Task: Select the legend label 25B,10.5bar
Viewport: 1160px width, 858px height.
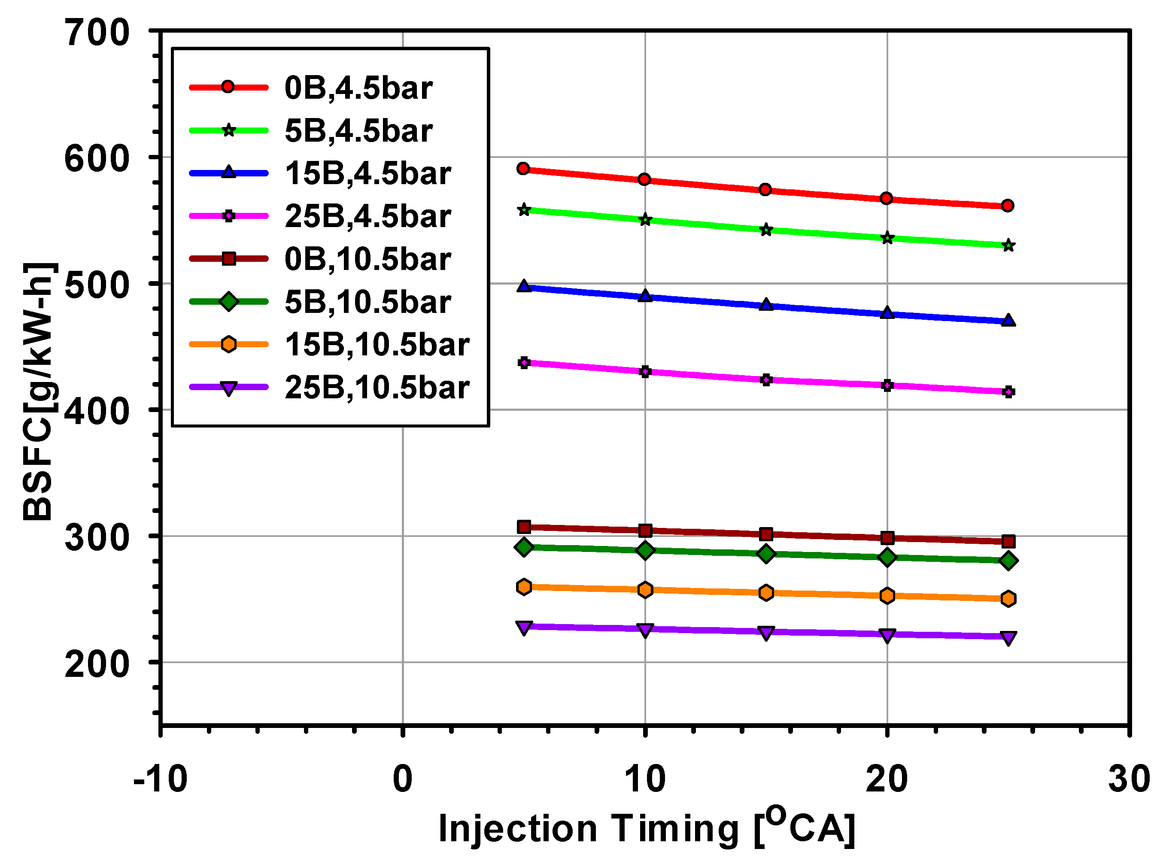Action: (x=377, y=388)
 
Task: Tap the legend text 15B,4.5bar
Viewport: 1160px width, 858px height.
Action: (x=367, y=173)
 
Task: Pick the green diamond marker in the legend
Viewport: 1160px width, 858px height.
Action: (x=228, y=301)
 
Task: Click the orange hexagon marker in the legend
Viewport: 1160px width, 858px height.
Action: (x=228, y=344)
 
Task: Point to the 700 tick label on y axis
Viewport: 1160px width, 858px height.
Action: (x=97, y=33)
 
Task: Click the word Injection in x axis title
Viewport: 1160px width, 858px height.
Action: (x=517, y=828)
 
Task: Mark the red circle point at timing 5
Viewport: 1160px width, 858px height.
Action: (x=524, y=169)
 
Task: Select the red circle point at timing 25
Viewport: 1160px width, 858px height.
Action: (x=1008, y=206)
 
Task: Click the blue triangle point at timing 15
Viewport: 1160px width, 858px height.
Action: (x=766, y=305)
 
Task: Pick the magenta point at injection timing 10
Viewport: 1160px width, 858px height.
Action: (x=645, y=372)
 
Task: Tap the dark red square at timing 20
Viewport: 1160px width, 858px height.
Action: (x=887, y=538)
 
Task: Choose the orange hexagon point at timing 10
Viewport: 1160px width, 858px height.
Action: (x=645, y=590)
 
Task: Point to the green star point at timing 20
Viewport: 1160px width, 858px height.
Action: (x=887, y=238)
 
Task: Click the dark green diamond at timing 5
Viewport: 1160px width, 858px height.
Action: (x=524, y=547)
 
